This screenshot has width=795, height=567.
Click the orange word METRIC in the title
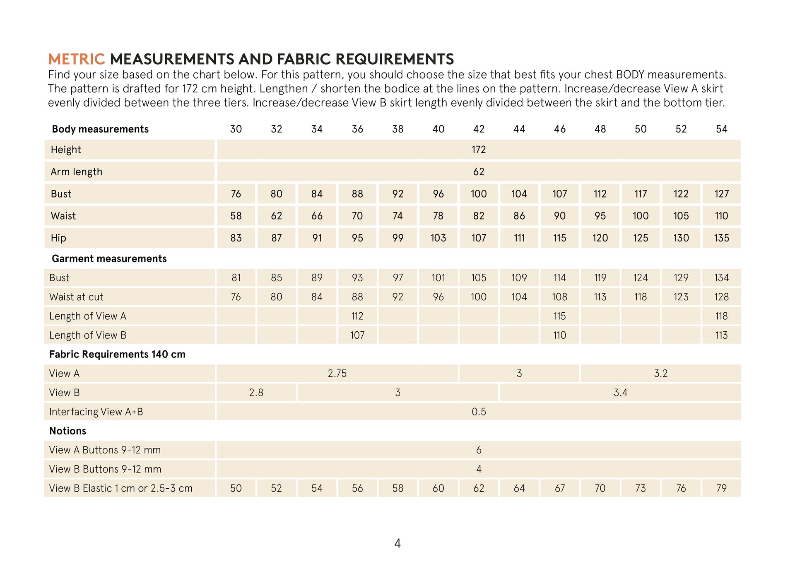click(x=77, y=59)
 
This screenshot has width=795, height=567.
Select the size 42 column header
click(x=479, y=129)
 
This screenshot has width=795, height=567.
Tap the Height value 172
click(x=479, y=150)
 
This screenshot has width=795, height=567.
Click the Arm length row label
click(x=76, y=172)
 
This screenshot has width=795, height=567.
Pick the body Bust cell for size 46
click(x=559, y=194)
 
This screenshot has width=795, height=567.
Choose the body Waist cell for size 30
click(x=236, y=216)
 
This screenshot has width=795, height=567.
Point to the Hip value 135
click(x=721, y=238)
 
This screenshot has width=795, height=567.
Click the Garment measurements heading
click(x=109, y=259)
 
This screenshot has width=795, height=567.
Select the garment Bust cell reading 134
click(x=721, y=278)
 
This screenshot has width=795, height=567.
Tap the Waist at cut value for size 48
click(x=600, y=297)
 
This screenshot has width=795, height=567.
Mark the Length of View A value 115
click(x=559, y=316)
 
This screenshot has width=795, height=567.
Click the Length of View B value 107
click(x=357, y=335)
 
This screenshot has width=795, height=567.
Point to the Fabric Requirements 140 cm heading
click(x=117, y=355)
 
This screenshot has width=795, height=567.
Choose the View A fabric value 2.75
click(x=337, y=374)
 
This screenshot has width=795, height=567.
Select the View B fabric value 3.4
click(x=620, y=393)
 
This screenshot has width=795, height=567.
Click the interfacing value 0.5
click(x=479, y=412)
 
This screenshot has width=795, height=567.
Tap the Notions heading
click(x=67, y=431)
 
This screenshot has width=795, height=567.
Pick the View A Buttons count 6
click(x=479, y=450)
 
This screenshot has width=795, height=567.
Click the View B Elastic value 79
click(x=721, y=488)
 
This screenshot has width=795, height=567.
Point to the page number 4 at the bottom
click(x=397, y=543)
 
